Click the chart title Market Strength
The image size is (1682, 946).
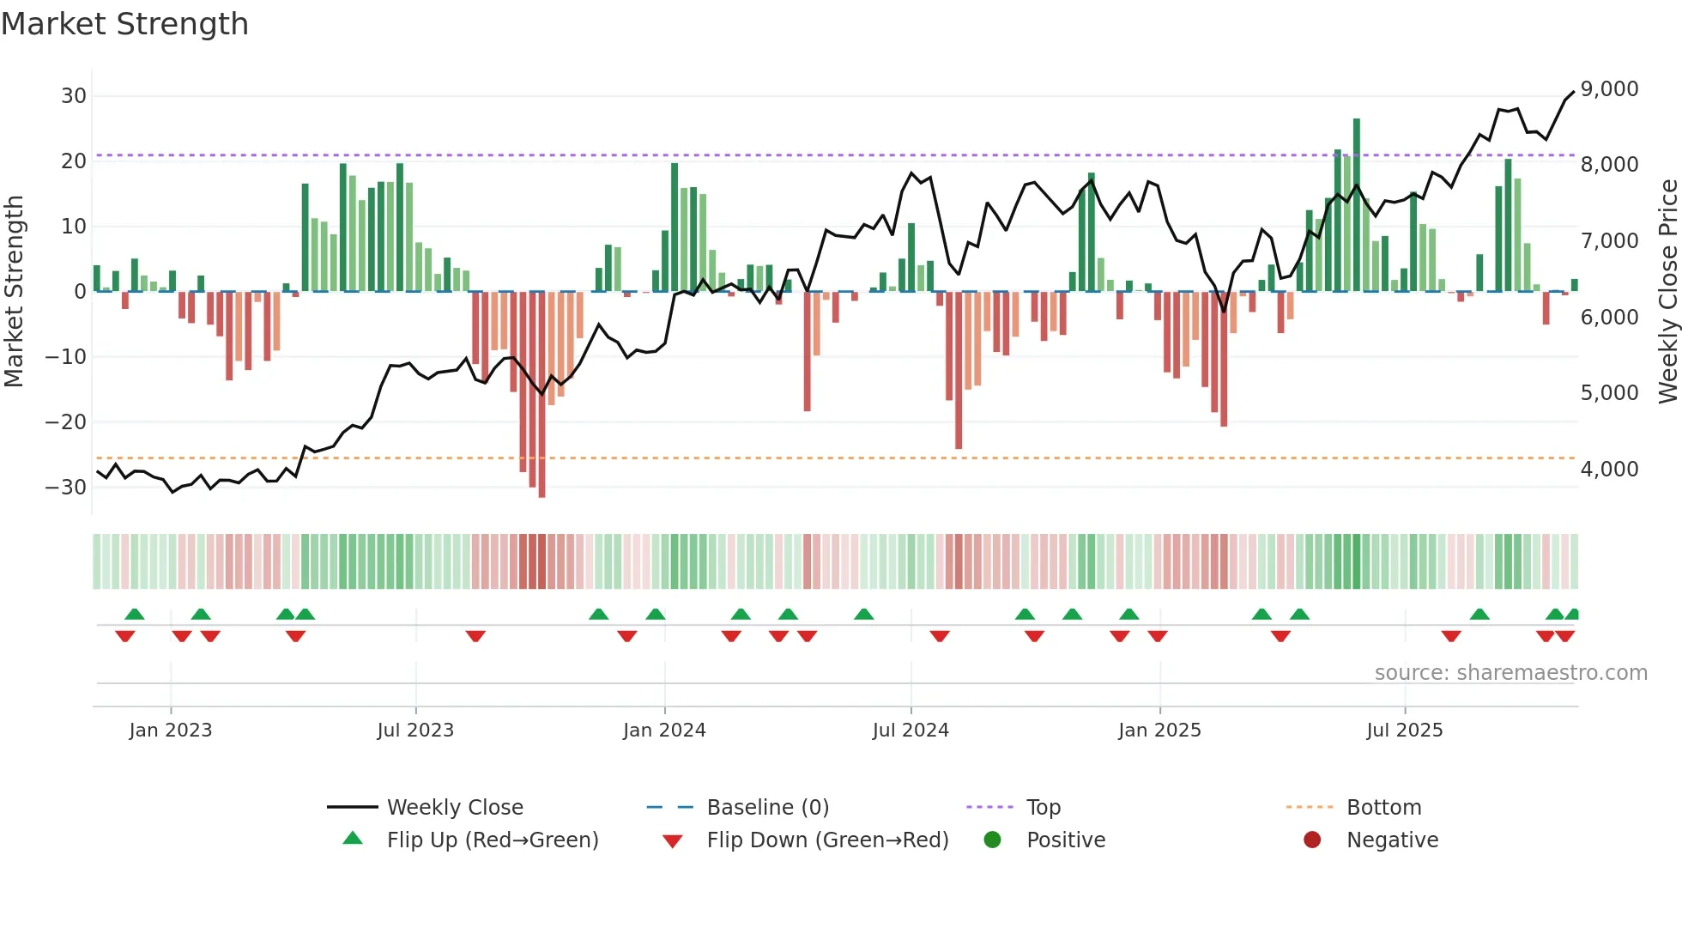pos(124,24)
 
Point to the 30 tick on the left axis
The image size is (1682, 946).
pos(73,96)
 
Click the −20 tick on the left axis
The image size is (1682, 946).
pos(66,422)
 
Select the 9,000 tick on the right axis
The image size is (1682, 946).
pos(1609,89)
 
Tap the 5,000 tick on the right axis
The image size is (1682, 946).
pos(1609,393)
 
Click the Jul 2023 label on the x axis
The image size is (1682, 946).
pos(415,731)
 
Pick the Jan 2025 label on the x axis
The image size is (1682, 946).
pos(1159,731)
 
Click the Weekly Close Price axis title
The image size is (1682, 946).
pos(1667,292)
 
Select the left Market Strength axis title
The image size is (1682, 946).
pos(14,292)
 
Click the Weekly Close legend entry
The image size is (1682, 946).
pos(455,808)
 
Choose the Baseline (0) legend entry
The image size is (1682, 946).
pos(767,808)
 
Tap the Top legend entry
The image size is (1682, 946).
pos(1044,808)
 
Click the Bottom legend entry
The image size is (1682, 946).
pos(1383,808)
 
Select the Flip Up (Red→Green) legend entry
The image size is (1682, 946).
pos(493,840)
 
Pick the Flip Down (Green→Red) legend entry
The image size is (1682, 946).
pos(827,840)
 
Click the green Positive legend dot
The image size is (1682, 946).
pos(992,840)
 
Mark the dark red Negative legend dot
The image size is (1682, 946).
pos(1312,840)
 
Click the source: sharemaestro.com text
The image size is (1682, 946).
pos(1510,673)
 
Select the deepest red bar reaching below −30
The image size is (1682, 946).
pos(542,395)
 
